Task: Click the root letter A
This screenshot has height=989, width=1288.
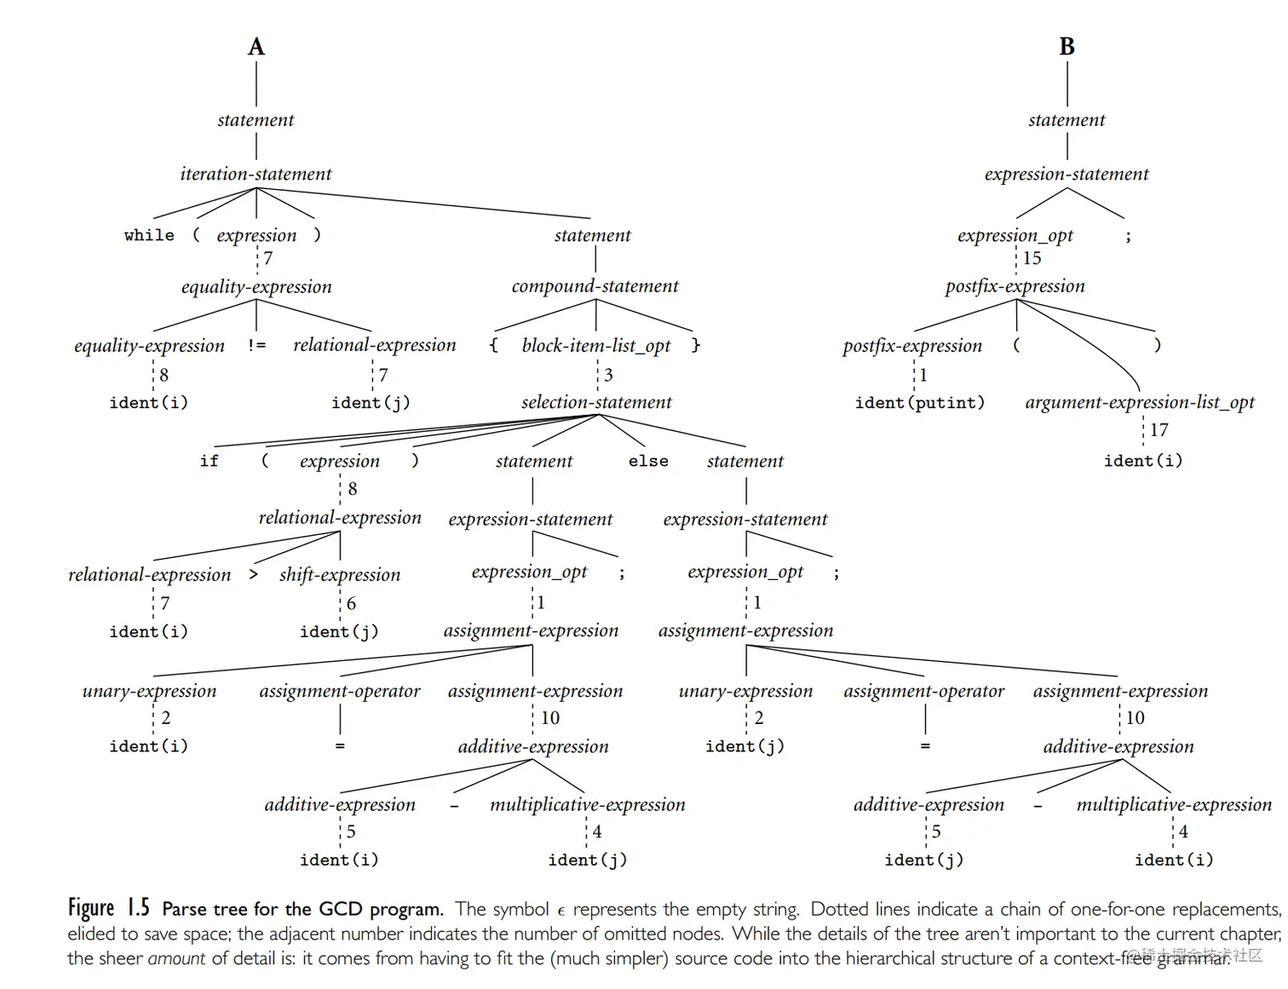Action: point(256,47)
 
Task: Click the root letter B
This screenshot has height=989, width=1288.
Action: point(1067,47)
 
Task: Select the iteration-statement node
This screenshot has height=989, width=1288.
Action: point(256,174)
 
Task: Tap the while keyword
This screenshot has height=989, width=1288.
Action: point(149,235)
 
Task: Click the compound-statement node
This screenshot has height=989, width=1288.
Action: point(595,286)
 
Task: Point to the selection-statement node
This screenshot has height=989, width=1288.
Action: point(596,402)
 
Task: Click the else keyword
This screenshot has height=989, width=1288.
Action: point(648,461)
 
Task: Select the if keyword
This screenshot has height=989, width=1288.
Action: point(209,461)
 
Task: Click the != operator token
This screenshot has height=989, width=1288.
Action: point(256,345)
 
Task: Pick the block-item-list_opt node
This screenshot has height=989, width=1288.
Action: point(595,345)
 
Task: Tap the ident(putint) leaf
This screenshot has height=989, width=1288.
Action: point(919,402)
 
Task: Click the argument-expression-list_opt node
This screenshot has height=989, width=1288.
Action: point(1140,402)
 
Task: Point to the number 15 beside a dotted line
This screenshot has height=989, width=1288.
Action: point(1032,258)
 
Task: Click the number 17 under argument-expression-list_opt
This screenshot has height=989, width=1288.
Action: point(1159,430)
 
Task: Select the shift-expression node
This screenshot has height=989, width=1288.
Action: point(339,575)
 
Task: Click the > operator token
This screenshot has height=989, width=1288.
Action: point(253,574)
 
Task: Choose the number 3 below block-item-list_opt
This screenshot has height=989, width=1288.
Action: point(608,375)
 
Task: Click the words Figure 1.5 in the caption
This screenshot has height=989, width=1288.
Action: point(108,908)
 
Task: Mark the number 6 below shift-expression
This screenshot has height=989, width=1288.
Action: point(351,603)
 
